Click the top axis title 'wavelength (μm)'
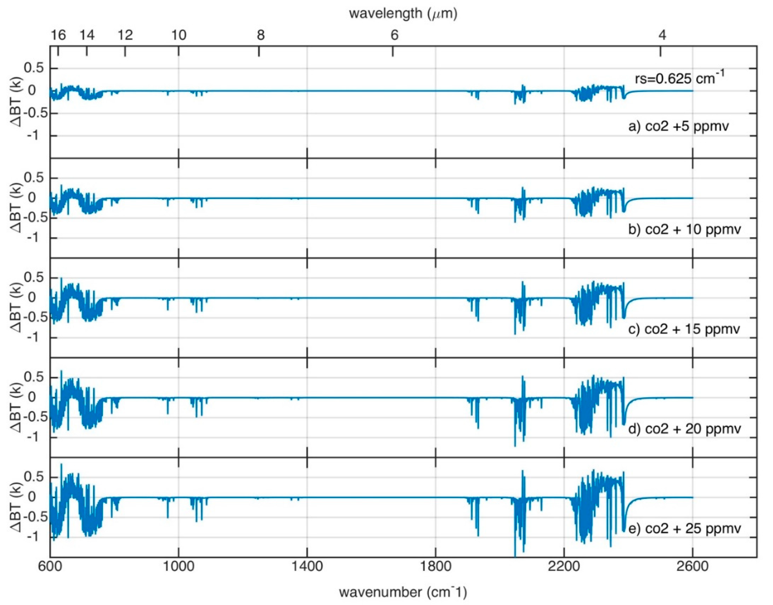[403, 13]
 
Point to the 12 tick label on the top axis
[125, 35]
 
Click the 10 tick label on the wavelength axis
[179, 35]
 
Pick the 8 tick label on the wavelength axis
[260, 35]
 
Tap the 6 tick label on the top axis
[394, 35]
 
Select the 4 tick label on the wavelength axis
[662, 35]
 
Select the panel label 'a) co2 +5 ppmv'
[679, 126]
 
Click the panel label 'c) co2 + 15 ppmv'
[684, 329]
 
